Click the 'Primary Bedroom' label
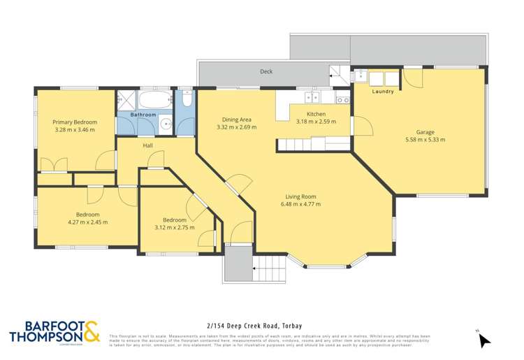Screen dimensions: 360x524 75,122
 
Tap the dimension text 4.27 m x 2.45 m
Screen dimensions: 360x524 87,222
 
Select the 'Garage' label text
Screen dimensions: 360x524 425,132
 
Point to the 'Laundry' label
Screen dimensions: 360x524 382,92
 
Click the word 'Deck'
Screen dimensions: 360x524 265,71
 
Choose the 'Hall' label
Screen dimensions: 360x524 148,145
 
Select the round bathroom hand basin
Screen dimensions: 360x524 165,125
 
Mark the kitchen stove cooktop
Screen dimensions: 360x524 342,99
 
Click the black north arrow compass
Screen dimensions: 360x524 484,340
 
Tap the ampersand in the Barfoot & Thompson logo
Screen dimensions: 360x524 91,331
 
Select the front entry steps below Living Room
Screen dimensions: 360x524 268,268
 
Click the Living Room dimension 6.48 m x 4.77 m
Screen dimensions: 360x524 300,205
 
